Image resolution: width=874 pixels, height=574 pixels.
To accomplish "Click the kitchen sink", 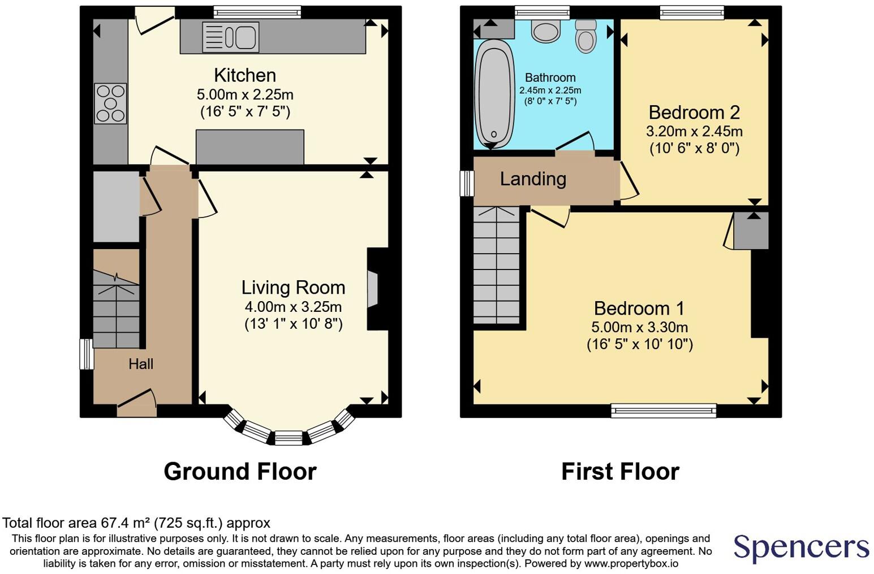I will click(230, 37).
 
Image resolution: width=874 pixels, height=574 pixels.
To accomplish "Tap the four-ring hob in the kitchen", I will click(110, 103).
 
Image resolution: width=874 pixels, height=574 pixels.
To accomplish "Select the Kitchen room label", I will click(245, 75).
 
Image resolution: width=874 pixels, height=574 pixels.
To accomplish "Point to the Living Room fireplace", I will click(373, 289).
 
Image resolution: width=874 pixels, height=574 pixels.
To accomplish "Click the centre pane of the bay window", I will click(289, 438).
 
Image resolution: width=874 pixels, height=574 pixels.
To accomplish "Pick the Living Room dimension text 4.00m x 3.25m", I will click(293, 307).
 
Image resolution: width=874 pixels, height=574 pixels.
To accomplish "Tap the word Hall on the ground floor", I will click(141, 364).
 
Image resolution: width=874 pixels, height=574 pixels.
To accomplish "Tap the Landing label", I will click(533, 179).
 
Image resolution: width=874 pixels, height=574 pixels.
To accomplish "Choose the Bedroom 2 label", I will click(694, 112).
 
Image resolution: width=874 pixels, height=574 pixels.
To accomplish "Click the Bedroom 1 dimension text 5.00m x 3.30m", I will click(639, 327).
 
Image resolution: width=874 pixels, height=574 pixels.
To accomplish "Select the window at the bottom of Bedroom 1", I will click(664, 410).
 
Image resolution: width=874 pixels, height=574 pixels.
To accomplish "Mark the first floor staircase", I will click(496, 266).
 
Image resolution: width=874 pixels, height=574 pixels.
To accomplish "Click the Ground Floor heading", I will click(240, 471).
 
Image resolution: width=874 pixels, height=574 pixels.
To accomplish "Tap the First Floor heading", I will click(620, 471).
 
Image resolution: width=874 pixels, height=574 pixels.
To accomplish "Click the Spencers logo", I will click(801, 547).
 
